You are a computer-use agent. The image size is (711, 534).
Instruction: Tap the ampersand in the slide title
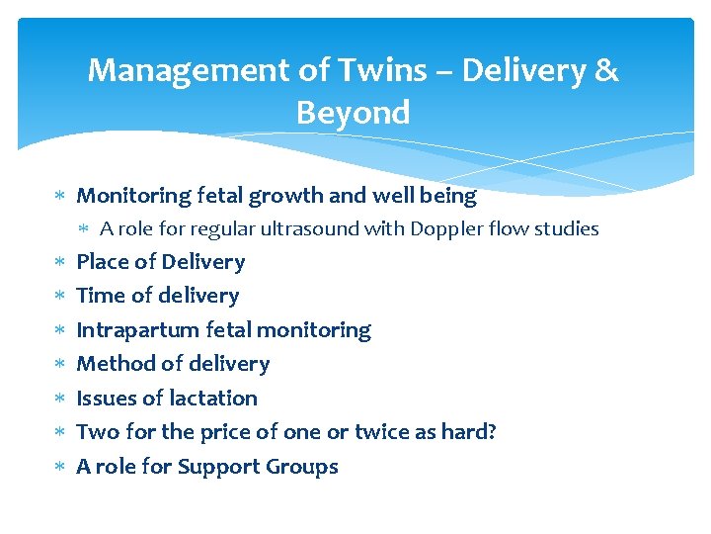coord(606,71)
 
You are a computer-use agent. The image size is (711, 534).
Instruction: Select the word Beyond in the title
coord(353,113)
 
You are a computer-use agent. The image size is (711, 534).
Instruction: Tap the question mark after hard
coord(491,432)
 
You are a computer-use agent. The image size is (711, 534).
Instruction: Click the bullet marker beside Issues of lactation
coord(58,399)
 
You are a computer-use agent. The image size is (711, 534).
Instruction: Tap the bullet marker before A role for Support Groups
coord(58,467)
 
